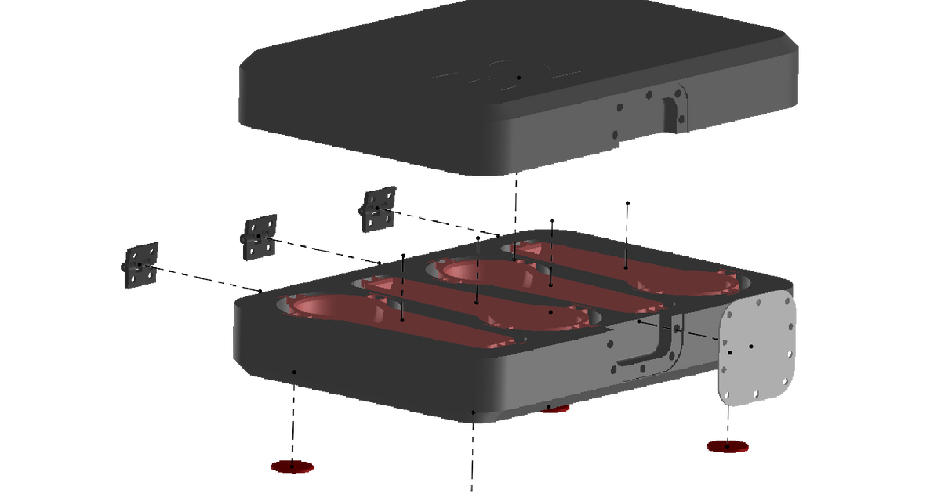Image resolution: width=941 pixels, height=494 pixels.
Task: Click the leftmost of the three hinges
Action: point(140,265)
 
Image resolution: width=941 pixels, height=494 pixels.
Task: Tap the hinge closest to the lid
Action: point(379,209)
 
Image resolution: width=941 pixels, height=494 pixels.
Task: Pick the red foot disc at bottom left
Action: point(292,467)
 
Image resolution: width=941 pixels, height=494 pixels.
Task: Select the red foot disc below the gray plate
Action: point(728,446)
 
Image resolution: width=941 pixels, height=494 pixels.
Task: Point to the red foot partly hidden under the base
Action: point(555,410)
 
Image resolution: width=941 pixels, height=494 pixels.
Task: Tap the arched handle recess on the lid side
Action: point(673,114)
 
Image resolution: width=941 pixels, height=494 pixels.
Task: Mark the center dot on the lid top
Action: point(518,78)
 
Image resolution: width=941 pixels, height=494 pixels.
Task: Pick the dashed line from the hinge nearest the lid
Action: point(439,222)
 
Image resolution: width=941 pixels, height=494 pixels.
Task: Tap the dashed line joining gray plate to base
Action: point(690,332)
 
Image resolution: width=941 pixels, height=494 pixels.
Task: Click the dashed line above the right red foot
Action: point(728,420)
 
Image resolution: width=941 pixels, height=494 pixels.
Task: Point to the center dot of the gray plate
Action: point(750,346)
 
